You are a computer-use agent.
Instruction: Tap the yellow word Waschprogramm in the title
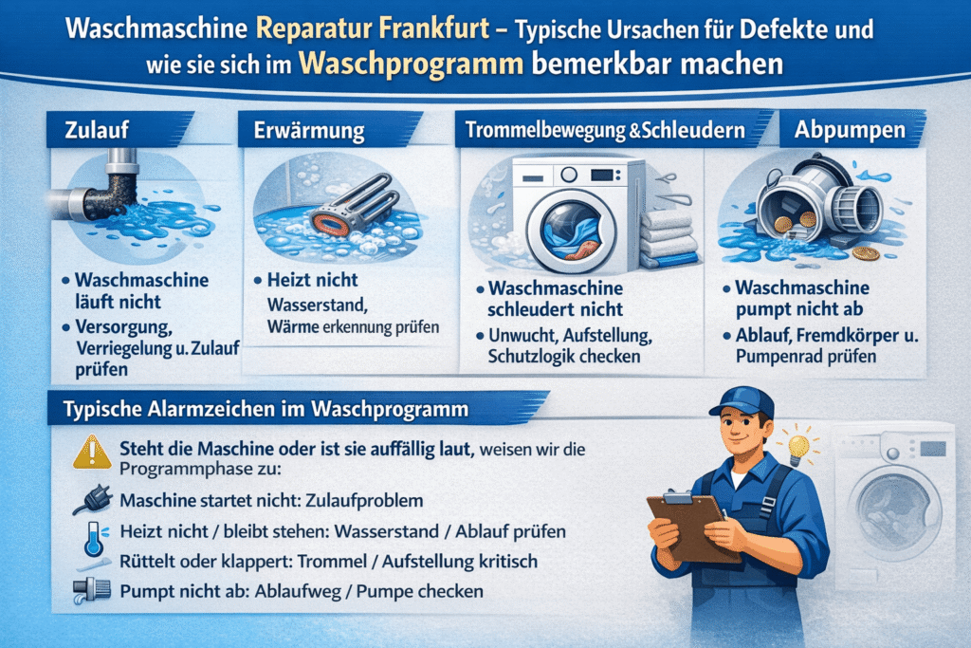411,65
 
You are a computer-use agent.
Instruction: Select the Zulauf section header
97,130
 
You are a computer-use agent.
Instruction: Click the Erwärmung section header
309,131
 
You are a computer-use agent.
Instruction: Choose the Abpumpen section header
850,130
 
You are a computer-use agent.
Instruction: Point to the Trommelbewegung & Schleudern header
605,130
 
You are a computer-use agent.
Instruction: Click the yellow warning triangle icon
92,452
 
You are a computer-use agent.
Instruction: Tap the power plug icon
92,500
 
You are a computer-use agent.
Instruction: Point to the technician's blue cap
743,402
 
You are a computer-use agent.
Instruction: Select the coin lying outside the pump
865,253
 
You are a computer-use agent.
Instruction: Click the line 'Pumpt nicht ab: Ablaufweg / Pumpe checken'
302,592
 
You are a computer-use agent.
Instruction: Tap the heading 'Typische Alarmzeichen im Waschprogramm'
266,410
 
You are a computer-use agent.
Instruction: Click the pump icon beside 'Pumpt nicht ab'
92,590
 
